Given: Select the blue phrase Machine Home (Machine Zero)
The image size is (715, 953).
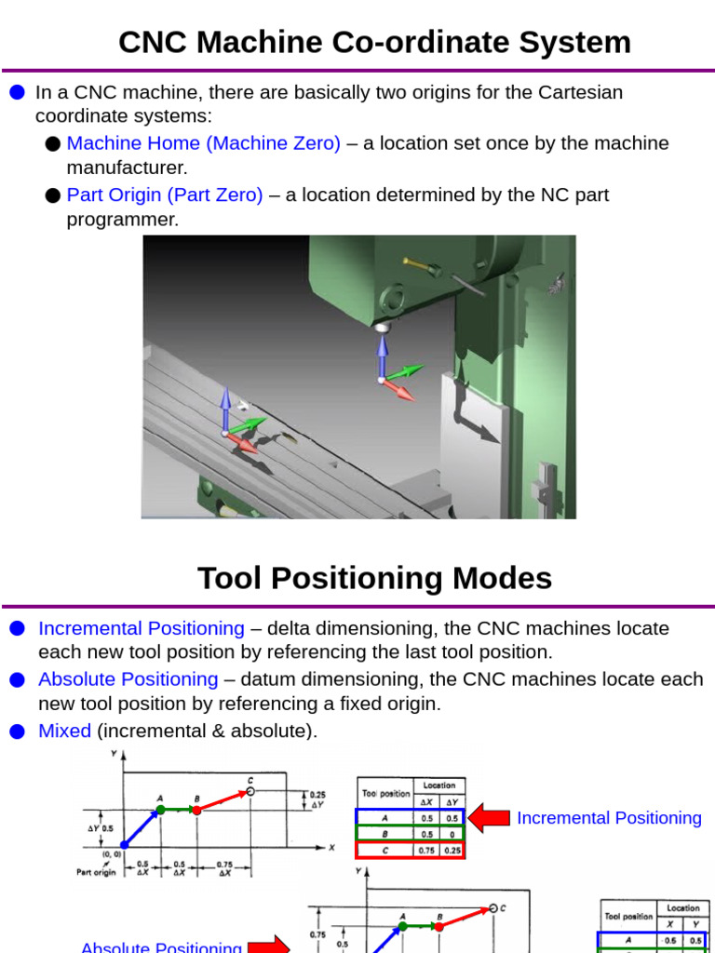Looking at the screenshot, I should (x=203, y=143).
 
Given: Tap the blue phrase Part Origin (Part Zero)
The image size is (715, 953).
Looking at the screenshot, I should (x=165, y=195).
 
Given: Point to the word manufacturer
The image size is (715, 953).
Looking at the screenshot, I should (x=127, y=168).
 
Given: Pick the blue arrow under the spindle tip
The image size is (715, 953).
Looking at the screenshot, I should (x=382, y=355).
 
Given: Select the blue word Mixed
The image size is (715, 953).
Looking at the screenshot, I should (x=64, y=731).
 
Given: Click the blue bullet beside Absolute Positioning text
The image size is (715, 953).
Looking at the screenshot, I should (x=18, y=680).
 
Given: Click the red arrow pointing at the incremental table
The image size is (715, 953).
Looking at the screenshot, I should (x=488, y=818).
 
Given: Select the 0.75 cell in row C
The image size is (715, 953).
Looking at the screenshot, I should (x=426, y=850).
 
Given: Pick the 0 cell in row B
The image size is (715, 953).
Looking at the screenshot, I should (x=452, y=834).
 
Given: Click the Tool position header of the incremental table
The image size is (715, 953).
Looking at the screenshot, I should (x=384, y=794).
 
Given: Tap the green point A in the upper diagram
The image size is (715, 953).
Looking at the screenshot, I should (x=160, y=810).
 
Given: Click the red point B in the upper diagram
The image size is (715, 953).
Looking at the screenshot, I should (x=197, y=810).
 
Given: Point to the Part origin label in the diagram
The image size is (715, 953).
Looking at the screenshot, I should (x=96, y=872).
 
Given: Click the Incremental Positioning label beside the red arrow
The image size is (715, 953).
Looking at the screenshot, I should (x=609, y=818).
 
